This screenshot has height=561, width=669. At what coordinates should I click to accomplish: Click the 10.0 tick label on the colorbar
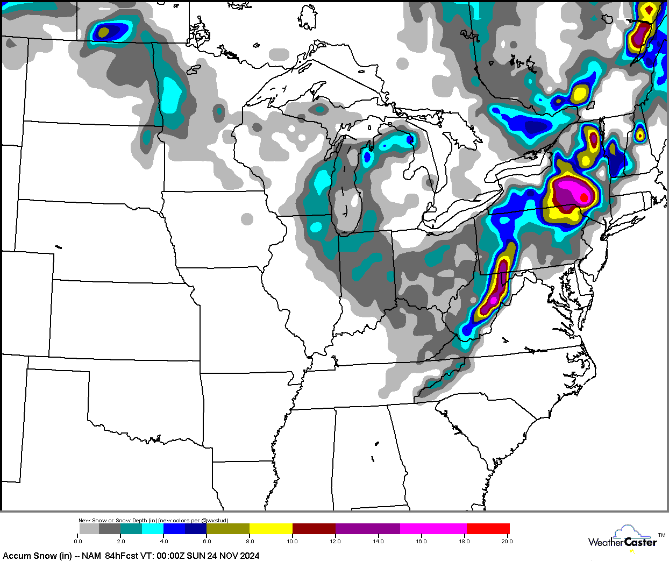pyautogui.click(x=292, y=541)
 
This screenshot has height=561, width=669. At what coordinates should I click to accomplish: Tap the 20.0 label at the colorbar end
pyautogui.click(x=507, y=541)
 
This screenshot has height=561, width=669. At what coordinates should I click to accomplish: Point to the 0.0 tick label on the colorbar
pyautogui.click(x=78, y=541)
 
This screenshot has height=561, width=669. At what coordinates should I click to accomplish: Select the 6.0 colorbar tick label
pyautogui.click(x=207, y=541)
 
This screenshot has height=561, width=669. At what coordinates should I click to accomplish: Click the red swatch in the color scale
pyautogui.click(x=488, y=529)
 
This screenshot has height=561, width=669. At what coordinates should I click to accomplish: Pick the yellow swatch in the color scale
pyautogui.click(x=271, y=529)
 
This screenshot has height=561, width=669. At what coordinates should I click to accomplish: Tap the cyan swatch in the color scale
pyautogui.click(x=153, y=529)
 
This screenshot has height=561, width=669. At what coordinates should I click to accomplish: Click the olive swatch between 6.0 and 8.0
pyautogui.click(x=228, y=529)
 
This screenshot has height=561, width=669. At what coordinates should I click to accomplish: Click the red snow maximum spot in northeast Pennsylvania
pyautogui.click(x=584, y=197)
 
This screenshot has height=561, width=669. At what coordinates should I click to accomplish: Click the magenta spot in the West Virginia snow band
pyautogui.click(x=493, y=299)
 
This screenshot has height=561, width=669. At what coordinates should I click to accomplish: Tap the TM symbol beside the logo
pyautogui.click(x=661, y=535)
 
